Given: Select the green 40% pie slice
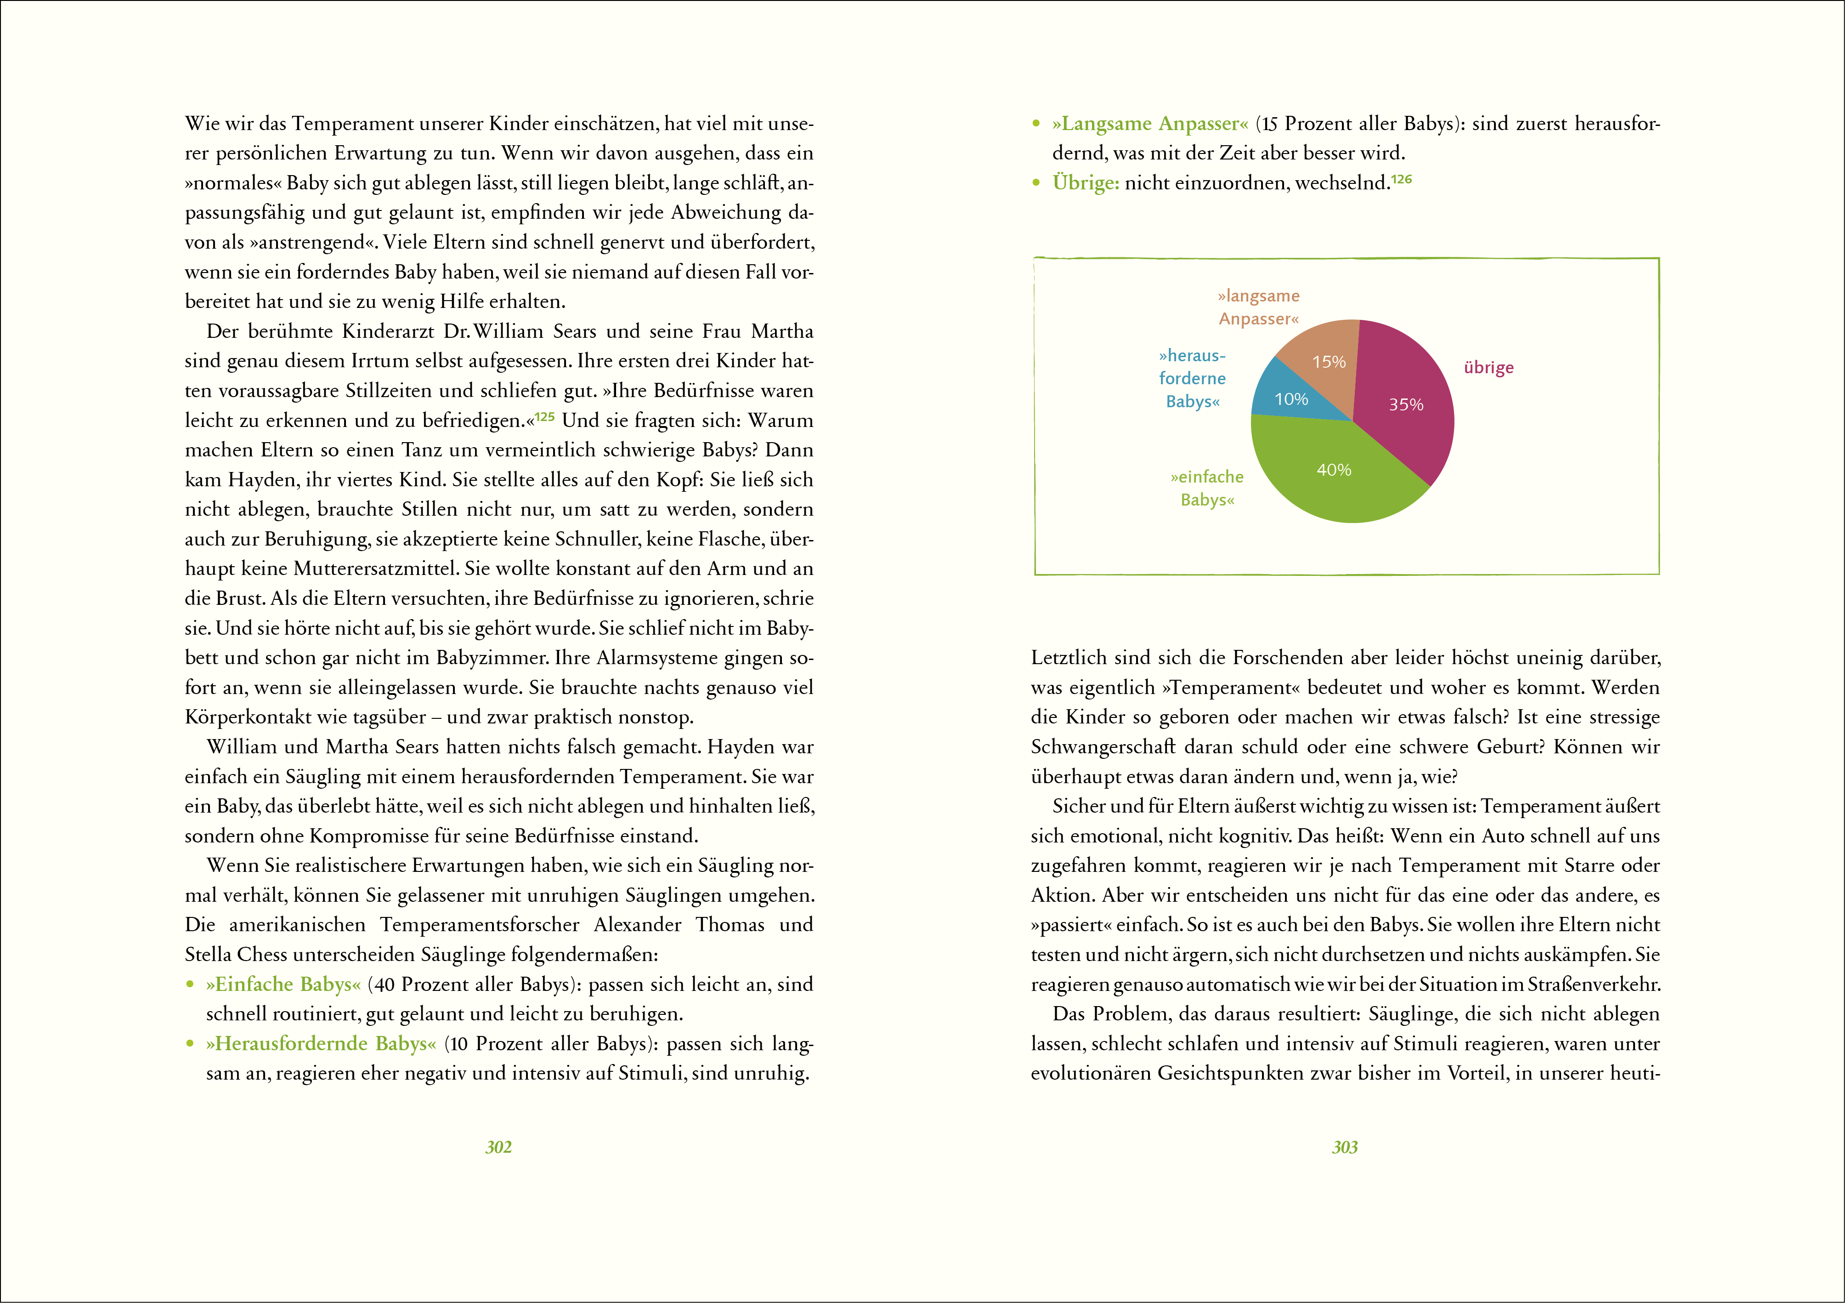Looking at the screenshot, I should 1338,474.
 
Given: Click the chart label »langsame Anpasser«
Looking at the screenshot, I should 1258,307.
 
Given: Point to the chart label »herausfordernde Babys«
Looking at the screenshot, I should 1193,378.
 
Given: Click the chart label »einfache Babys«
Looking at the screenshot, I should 1207,488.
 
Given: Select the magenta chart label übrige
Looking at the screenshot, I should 1488,367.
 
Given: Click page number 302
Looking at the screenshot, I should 498,1147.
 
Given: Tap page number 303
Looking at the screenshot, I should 1344,1147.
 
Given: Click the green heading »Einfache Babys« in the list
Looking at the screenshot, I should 283,984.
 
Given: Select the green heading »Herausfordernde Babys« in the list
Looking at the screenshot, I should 321,1043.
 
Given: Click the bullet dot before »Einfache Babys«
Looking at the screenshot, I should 191,984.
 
